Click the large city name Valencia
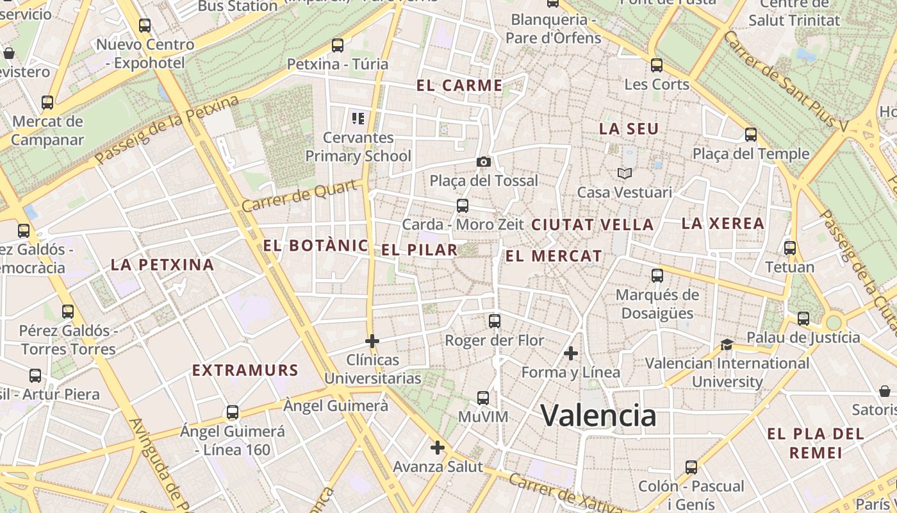[598, 416]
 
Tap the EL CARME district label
[459, 85]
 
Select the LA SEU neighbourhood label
[629, 129]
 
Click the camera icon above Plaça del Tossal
[484, 162]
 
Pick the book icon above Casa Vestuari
[625, 173]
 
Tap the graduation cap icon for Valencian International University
[727, 345]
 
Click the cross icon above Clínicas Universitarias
[372, 341]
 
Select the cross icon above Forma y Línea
[571, 353]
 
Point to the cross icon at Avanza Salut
[438, 448]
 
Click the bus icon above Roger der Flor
[494, 321]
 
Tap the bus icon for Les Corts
[657, 65]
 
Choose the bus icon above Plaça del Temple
[751, 135]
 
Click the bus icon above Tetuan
[790, 248]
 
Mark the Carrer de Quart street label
[299, 196]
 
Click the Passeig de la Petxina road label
[167, 130]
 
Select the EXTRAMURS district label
[245, 370]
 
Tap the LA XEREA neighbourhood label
[723, 224]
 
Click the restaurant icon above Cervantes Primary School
[358, 118]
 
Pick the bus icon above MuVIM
[483, 398]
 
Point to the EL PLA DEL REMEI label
[816, 443]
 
